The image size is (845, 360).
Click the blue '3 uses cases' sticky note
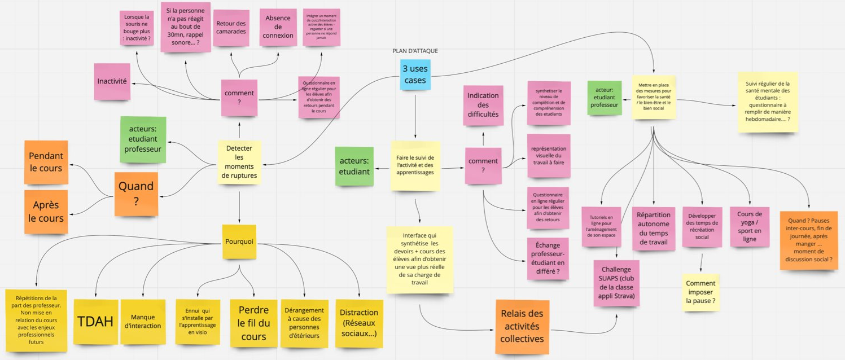point(415,75)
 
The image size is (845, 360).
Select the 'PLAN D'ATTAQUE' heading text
point(415,51)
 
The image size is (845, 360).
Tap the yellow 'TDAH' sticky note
point(95,322)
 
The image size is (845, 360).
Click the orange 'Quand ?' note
point(136,194)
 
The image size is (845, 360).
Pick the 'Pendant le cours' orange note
point(46,162)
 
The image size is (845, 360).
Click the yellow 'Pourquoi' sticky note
point(239,242)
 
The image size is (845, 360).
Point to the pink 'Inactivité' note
point(112,81)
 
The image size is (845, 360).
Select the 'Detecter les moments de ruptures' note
point(239,162)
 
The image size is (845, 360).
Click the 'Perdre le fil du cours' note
point(253,323)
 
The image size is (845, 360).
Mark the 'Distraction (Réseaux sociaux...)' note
point(359,323)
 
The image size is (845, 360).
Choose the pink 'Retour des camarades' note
point(231,28)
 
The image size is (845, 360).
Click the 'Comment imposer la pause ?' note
point(700,292)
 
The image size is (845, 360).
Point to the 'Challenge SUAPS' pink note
point(616,282)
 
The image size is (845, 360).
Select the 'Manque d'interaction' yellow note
point(143,322)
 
